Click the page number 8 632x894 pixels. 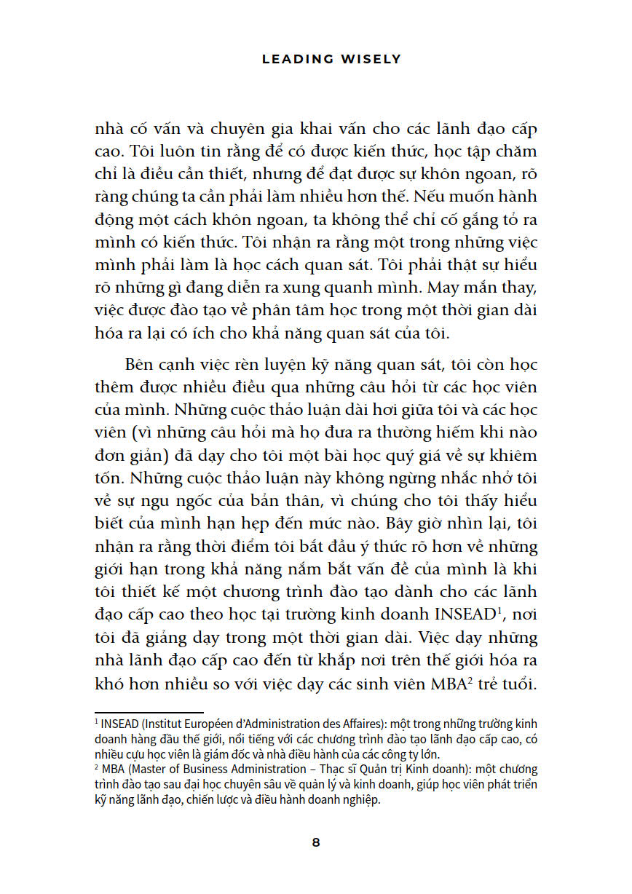(x=316, y=842)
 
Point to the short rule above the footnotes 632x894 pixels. (x=149, y=713)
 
